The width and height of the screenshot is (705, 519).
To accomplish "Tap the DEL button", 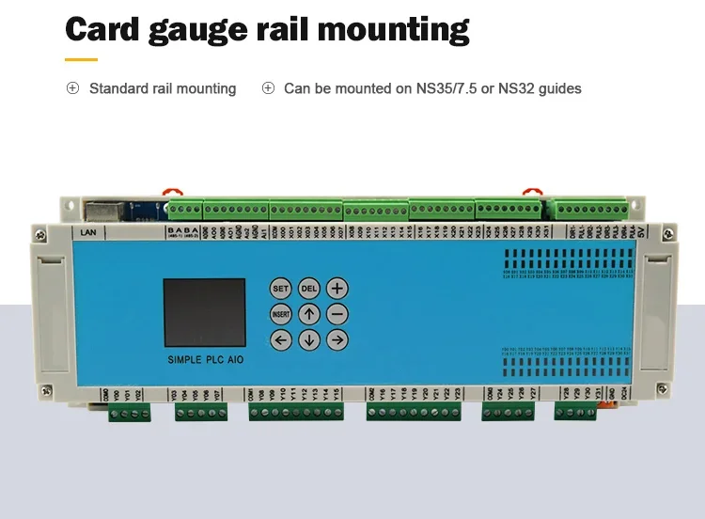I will tap(309, 289).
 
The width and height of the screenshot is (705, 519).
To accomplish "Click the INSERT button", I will tap(281, 314).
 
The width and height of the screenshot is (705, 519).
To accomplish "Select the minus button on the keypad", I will tap(338, 314).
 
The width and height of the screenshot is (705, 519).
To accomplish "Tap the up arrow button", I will tap(309, 314).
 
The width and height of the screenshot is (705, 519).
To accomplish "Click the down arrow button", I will tap(309, 340).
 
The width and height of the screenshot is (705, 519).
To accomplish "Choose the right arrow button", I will tap(338, 340).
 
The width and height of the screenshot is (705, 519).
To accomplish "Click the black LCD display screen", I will tap(203, 310).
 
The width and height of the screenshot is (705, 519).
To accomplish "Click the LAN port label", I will tap(89, 231).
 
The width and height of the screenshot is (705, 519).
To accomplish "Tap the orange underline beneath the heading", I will tap(81, 59).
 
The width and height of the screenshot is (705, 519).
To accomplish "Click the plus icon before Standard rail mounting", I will tap(72, 88).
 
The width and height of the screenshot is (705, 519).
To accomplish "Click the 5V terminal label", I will tap(641, 232).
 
